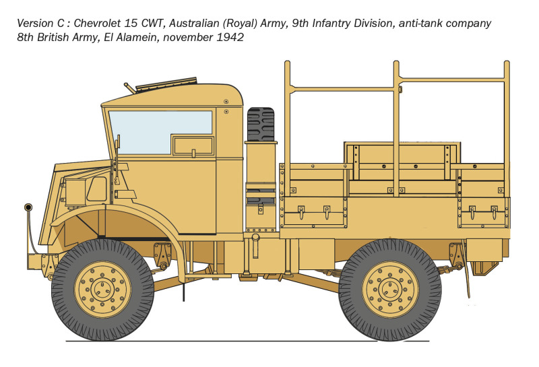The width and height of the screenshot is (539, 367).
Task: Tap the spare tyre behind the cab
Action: click(261, 125)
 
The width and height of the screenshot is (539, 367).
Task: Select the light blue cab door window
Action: click(160, 132)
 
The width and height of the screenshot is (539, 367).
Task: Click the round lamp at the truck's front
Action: click(28, 207)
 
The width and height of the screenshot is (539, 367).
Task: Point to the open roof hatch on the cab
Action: click(166, 84)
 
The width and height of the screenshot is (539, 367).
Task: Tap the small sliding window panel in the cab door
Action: click(193, 145)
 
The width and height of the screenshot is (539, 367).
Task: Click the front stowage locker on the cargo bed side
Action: click(313, 211)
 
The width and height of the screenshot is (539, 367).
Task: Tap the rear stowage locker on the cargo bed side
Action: click(483, 212)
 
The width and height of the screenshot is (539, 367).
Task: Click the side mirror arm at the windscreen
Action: click(117, 158)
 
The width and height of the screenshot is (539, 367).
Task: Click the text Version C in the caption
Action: click(40, 24)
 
